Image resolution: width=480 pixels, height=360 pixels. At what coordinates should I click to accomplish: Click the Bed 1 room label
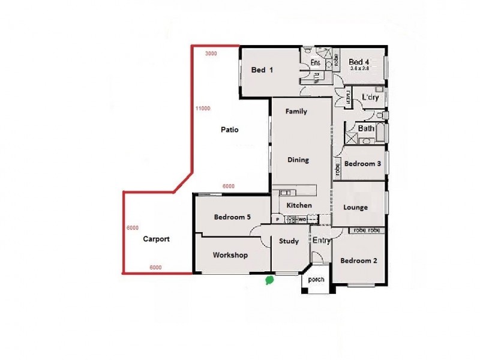[x=262, y=70]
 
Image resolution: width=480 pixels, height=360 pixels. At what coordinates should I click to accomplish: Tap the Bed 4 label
[x=358, y=62]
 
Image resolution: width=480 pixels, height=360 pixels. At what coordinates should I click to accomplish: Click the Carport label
[x=156, y=239]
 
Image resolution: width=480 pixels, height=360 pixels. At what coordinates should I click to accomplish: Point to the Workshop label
[x=230, y=255]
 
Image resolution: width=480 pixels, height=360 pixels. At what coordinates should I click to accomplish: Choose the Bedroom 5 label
[x=232, y=217]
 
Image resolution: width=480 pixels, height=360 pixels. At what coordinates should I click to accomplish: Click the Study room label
[x=289, y=241]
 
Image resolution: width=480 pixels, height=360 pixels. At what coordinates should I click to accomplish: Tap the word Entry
[x=322, y=241]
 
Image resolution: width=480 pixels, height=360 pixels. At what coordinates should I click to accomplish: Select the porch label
[x=316, y=280]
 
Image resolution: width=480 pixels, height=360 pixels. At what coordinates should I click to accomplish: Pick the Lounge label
[x=355, y=208]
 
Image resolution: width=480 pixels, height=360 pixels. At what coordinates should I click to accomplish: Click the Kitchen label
[x=299, y=205]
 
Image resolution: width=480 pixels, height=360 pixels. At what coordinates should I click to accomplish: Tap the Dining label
[x=298, y=160]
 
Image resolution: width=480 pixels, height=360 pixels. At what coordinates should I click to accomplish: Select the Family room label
[x=296, y=112]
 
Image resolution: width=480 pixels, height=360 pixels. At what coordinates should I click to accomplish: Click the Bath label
[x=366, y=128]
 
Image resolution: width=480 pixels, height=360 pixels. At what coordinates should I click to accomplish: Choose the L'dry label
[x=368, y=97]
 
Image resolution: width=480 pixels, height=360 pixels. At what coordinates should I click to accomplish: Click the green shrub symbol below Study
[x=270, y=279]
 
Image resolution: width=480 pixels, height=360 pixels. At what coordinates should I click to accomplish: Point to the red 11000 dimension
[x=202, y=109]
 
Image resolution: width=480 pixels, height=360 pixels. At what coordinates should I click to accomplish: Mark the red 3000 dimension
[x=211, y=53]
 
